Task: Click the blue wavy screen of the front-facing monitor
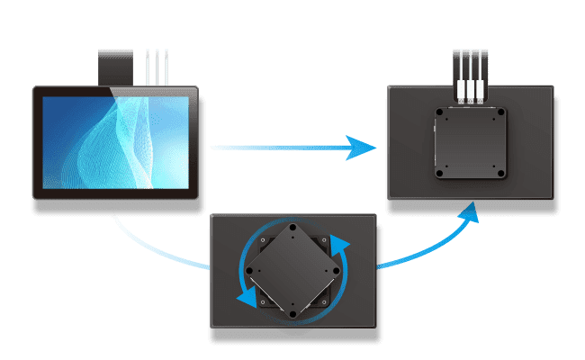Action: [x=116, y=142]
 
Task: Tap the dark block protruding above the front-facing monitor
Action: [x=119, y=66]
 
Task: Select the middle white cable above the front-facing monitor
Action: [x=157, y=67]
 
